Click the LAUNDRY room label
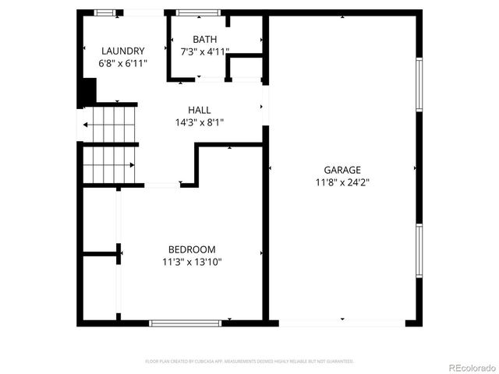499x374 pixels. tap(122, 51)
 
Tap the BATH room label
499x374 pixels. tap(205, 40)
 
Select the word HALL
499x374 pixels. tap(199, 110)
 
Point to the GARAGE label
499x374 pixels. tap(342, 170)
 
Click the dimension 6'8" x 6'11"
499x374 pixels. tap(122, 63)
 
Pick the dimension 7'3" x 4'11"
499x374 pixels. tap(205, 51)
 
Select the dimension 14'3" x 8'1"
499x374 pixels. tap(199, 122)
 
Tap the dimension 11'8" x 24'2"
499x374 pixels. tap(342, 182)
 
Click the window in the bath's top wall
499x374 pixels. tap(196, 12)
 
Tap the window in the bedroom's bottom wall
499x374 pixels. tap(185, 323)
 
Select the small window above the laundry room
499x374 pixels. tap(106, 12)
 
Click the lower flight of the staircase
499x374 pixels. tap(109, 164)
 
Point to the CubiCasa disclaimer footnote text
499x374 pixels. tap(249, 362)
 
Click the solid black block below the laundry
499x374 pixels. tap(85, 91)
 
